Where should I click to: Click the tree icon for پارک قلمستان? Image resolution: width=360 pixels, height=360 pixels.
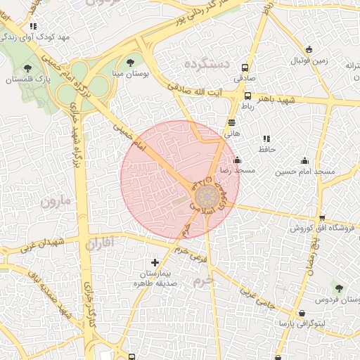click(x=28, y=68)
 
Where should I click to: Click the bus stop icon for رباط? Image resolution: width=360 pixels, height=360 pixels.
click(x=247, y=96)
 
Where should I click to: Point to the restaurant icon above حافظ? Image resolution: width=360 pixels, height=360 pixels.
click(x=266, y=139)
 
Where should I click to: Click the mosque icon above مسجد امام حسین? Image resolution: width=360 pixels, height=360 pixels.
click(x=304, y=160)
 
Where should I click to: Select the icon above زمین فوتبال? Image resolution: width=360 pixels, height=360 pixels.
click(x=309, y=49)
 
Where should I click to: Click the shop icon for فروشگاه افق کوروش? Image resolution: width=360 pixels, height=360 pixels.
click(x=322, y=218)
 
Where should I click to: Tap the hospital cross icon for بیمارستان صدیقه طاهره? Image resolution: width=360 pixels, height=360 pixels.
click(x=155, y=263)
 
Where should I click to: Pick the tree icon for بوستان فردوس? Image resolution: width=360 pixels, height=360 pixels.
click(x=340, y=288)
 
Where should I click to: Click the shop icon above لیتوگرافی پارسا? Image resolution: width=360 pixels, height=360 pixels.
click(x=302, y=313)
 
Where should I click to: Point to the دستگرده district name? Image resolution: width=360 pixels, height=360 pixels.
click(x=207, y=64)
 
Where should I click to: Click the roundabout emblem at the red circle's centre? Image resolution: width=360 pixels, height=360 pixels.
click(x=207, y=197)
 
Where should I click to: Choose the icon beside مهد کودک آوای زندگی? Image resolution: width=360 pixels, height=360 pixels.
click(x=33, y=26)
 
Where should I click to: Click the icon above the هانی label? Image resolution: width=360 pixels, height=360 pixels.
click(x=232, y=122)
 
